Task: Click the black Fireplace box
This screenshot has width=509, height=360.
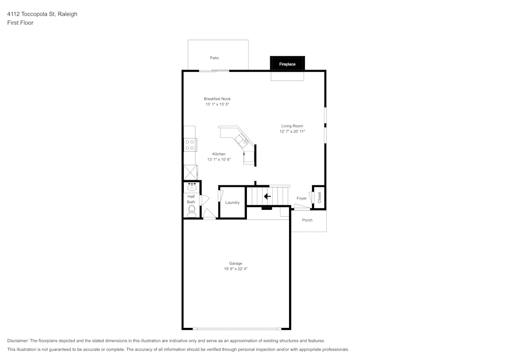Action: click(287, 63)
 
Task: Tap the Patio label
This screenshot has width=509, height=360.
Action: click(214, 58)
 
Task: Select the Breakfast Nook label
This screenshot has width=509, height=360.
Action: click(217, 99)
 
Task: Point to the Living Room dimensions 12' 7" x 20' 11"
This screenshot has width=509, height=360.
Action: click(292, 131)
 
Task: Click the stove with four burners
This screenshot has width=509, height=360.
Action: click(189, 145)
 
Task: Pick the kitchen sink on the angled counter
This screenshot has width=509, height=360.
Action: click(242, 140)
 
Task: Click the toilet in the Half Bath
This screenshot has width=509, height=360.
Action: click(191, 211)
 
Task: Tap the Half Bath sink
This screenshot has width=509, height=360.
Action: click(191, 187)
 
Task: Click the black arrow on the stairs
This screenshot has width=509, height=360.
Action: click(267, 196)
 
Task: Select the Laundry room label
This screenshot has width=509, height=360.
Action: click(233, 203)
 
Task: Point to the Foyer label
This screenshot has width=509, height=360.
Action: click(301, 199)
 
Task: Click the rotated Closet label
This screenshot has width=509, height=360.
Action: click(319, 198)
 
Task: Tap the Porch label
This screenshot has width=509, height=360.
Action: click(307, 220)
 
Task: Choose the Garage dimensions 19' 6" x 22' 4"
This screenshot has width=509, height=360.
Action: click(236, 269)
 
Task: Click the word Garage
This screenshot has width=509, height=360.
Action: click(236, 263)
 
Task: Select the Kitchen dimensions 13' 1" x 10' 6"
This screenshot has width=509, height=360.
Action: click(219, 159)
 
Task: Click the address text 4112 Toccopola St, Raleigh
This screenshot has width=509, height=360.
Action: click(42, 14)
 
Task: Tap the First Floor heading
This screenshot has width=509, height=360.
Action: click(20, 23)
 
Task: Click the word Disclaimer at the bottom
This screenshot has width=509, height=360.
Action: click(17, 341)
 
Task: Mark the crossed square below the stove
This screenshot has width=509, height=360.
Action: click(190, 172)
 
